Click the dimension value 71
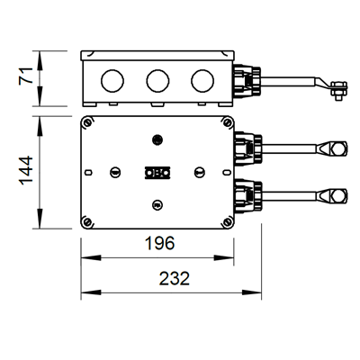[x=25, y=76]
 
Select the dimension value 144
[x=26, y=170]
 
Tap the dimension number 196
[x=159, y=243]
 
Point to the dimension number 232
[x=175, y=278]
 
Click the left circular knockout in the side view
[x=112, y=81]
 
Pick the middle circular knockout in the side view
[x=157, y=81]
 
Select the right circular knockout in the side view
[x=202, y=81]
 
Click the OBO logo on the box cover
[x=157, y=173]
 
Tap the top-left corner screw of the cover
[x=87, y=122]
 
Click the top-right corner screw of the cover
[x=228, y=122]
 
